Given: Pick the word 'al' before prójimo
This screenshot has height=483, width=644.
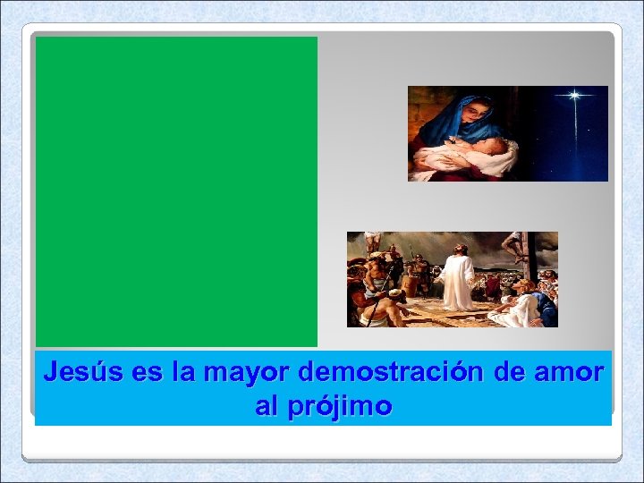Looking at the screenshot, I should tap(267, 407).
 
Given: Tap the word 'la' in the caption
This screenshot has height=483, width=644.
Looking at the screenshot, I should tap(186, 370).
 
